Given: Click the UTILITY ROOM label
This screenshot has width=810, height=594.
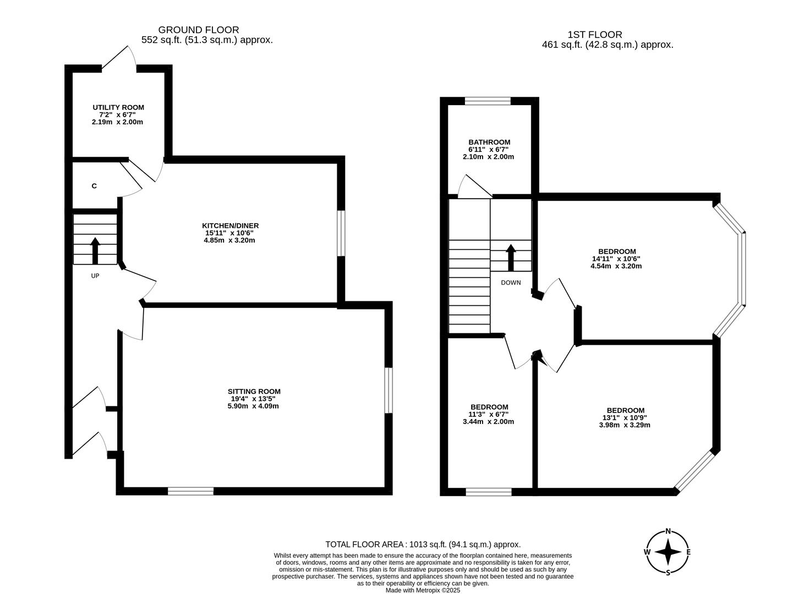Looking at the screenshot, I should [118, 107].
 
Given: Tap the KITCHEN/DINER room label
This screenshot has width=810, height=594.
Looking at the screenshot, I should [230, 226].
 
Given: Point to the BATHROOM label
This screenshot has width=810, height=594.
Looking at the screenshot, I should [489, 142].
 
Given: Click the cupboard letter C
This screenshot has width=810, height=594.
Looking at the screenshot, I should [94, 186].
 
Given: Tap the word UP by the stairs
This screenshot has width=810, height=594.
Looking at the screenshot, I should [95, 276].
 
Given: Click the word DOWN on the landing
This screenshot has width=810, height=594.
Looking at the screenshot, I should [511, 283].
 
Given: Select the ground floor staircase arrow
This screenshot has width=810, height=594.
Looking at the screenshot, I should [95, 251].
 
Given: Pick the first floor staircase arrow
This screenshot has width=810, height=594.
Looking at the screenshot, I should [511, 257].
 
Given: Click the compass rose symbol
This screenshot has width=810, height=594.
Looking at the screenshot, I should [668, 552].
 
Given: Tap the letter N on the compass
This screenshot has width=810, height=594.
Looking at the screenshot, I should [668, 531].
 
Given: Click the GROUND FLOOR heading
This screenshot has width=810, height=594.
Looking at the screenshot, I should [199, 30].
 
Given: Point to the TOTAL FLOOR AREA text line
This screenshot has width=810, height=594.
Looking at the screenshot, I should [423, 544].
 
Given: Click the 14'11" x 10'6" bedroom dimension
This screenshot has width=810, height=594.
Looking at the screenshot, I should [616, 258].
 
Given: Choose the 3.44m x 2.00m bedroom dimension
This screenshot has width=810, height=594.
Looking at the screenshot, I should [488, 422].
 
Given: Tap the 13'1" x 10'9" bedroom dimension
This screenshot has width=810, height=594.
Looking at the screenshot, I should [625, 417].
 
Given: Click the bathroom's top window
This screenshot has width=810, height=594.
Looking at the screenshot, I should [488, 101].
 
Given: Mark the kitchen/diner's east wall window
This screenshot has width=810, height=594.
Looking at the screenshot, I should [341, 233].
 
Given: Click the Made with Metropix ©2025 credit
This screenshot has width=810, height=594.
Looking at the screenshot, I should [423, 590].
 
